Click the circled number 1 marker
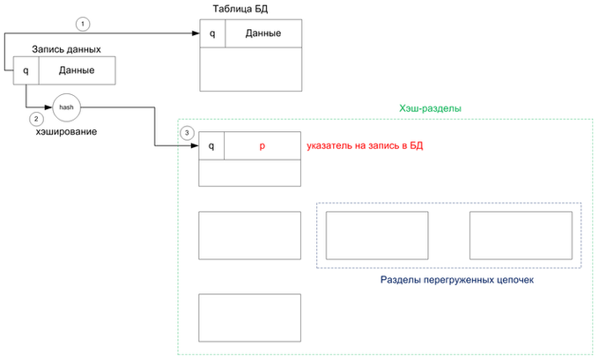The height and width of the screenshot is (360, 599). tap(83, 24)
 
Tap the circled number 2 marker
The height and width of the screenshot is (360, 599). tap(36, 119)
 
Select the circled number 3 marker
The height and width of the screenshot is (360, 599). tap(187, 133)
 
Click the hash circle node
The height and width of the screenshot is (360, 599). tap(66, 107)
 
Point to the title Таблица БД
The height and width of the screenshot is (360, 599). tap(240, 9)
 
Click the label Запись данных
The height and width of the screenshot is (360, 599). tap(66, 49)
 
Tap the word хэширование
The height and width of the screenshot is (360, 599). tap(66, 132)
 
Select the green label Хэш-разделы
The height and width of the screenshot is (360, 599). tap(430, 108)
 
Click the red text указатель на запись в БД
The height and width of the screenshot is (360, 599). tap(365, 146)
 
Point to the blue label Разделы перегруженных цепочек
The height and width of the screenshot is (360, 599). tap(457, 280)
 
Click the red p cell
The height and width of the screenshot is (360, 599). tap(263, 146)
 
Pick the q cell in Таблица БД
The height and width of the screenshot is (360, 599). tap(212, 33)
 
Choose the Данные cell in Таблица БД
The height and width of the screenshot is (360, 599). tap(263, 33)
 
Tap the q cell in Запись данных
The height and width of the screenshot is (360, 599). tap(26, 70)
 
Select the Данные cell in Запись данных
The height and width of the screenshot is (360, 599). tap(78, 70)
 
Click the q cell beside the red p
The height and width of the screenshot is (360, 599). tap(211, 146)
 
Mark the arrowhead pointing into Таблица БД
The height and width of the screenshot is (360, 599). tap(196, 33)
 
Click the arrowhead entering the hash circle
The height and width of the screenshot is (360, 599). tap(48, 107)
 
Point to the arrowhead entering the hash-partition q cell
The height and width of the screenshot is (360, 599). tap(195, 145)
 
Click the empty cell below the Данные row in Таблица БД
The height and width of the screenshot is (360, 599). tap(250, 70)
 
